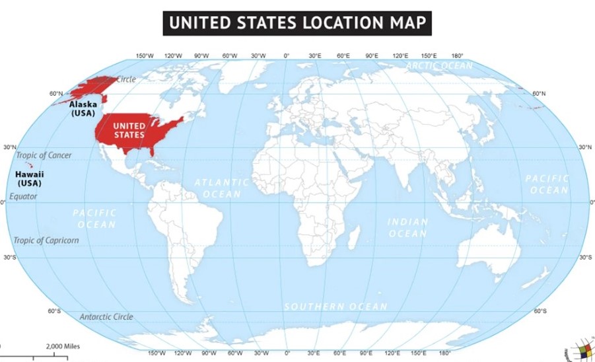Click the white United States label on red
point(129,130)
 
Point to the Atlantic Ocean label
point(222,188)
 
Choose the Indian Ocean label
point(407,227)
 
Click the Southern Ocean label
point(335,307)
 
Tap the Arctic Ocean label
point(439,65)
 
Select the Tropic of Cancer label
point(44,155)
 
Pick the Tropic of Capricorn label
point(46,240)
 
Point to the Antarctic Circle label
point(106,317)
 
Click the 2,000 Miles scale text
point(63,346)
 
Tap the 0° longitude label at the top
point(286,55)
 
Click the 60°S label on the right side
point(540,310)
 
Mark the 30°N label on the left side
point(9,147)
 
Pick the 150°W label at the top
point(145,55)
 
